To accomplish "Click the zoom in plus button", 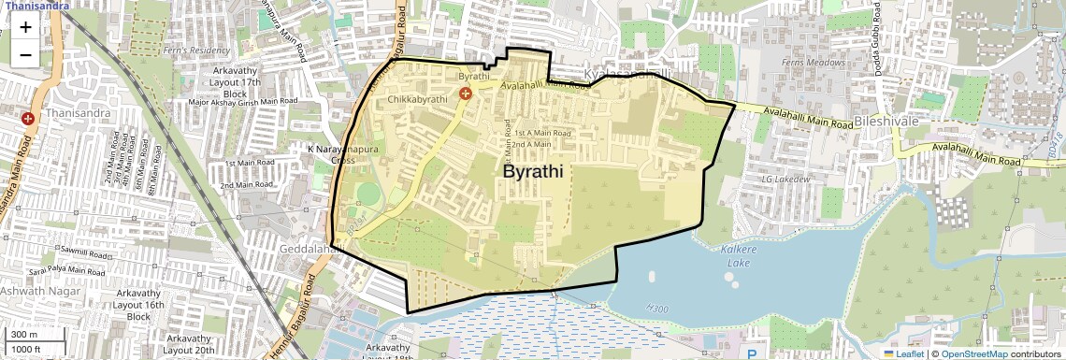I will [x=25, y=27].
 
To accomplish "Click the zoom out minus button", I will [x=25, y=54].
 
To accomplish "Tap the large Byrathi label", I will [x=538, y=172].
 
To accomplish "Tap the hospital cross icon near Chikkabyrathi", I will [x=464, y=94].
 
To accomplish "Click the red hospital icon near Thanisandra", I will [x=28, y=119].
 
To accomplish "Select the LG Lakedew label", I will [x=785, y=178].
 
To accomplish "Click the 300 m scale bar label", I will [x=24, y=335].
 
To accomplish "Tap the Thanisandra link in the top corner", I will [x=36, y=5].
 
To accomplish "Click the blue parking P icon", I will [x=755, y=353].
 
